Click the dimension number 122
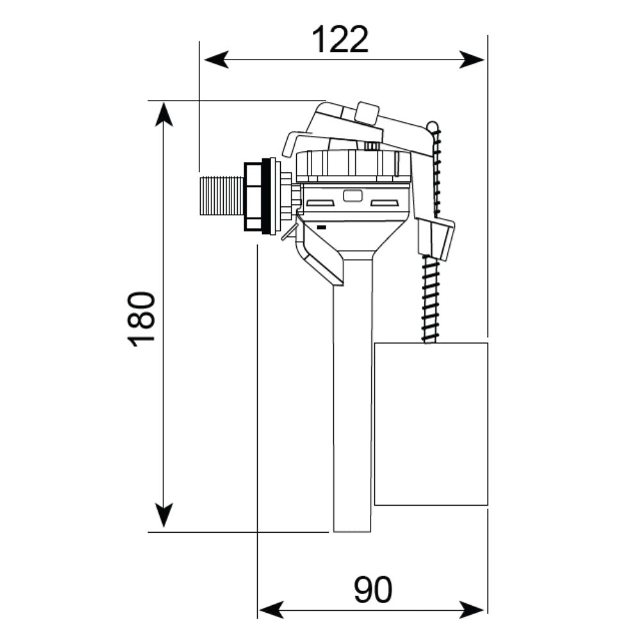tap(340, 40)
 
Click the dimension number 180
tap(142, 319)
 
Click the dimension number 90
tap(373, 590)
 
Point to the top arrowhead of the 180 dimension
tap(164, 114)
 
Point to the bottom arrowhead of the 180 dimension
tap(164, 515)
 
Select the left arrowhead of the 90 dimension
tap(271, 610)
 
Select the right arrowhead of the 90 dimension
tap(472, 610)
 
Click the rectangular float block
tap(431, 424)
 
